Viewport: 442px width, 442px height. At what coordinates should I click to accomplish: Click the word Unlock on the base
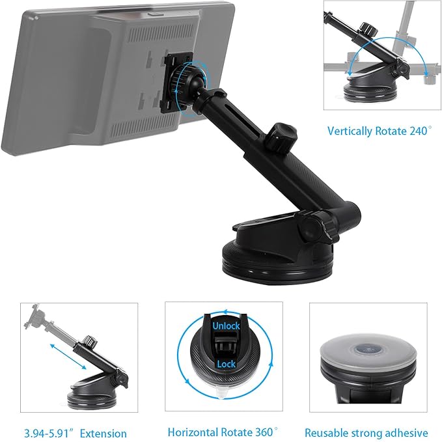(226, 325)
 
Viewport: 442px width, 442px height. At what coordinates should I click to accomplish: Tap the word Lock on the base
(226, 365)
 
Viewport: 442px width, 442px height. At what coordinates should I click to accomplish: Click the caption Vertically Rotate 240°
(379, 131)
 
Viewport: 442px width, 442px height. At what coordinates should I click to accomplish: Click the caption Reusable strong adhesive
(366, 432)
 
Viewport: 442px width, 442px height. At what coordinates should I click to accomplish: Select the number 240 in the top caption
(417, 131)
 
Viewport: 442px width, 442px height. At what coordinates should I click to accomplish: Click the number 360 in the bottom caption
(262, 432)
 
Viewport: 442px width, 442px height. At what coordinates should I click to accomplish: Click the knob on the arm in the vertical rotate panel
(370, 30)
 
